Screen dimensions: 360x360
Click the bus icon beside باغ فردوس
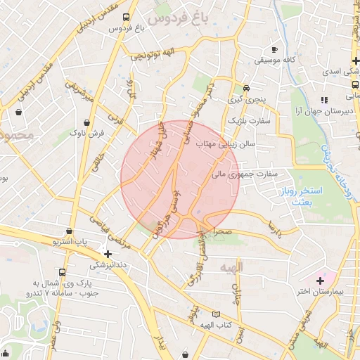[125, 17]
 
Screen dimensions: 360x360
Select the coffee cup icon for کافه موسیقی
[275, 49]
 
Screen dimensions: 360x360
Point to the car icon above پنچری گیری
[247, 89]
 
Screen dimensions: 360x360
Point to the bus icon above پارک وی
[63, 272]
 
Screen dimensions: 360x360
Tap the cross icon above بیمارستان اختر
[330, 281]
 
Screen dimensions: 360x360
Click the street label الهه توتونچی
[150, 55]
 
